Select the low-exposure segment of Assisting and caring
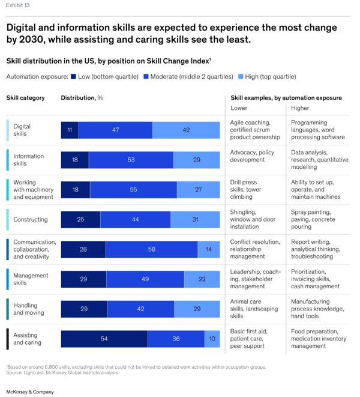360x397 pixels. pos(104,339)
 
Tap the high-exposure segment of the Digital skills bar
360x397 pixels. pos(186,130)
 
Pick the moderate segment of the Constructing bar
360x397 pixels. pos(135,220)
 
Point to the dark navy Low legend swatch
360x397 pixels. pos(73,77)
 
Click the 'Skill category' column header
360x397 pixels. pos(25,98)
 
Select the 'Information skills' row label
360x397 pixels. pos(28,160)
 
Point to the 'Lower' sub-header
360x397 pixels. pos(239,108)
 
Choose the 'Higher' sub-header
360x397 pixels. pos(301,108)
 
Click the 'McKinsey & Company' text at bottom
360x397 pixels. pos(30,391)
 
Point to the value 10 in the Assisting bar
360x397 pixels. pos(212,339)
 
